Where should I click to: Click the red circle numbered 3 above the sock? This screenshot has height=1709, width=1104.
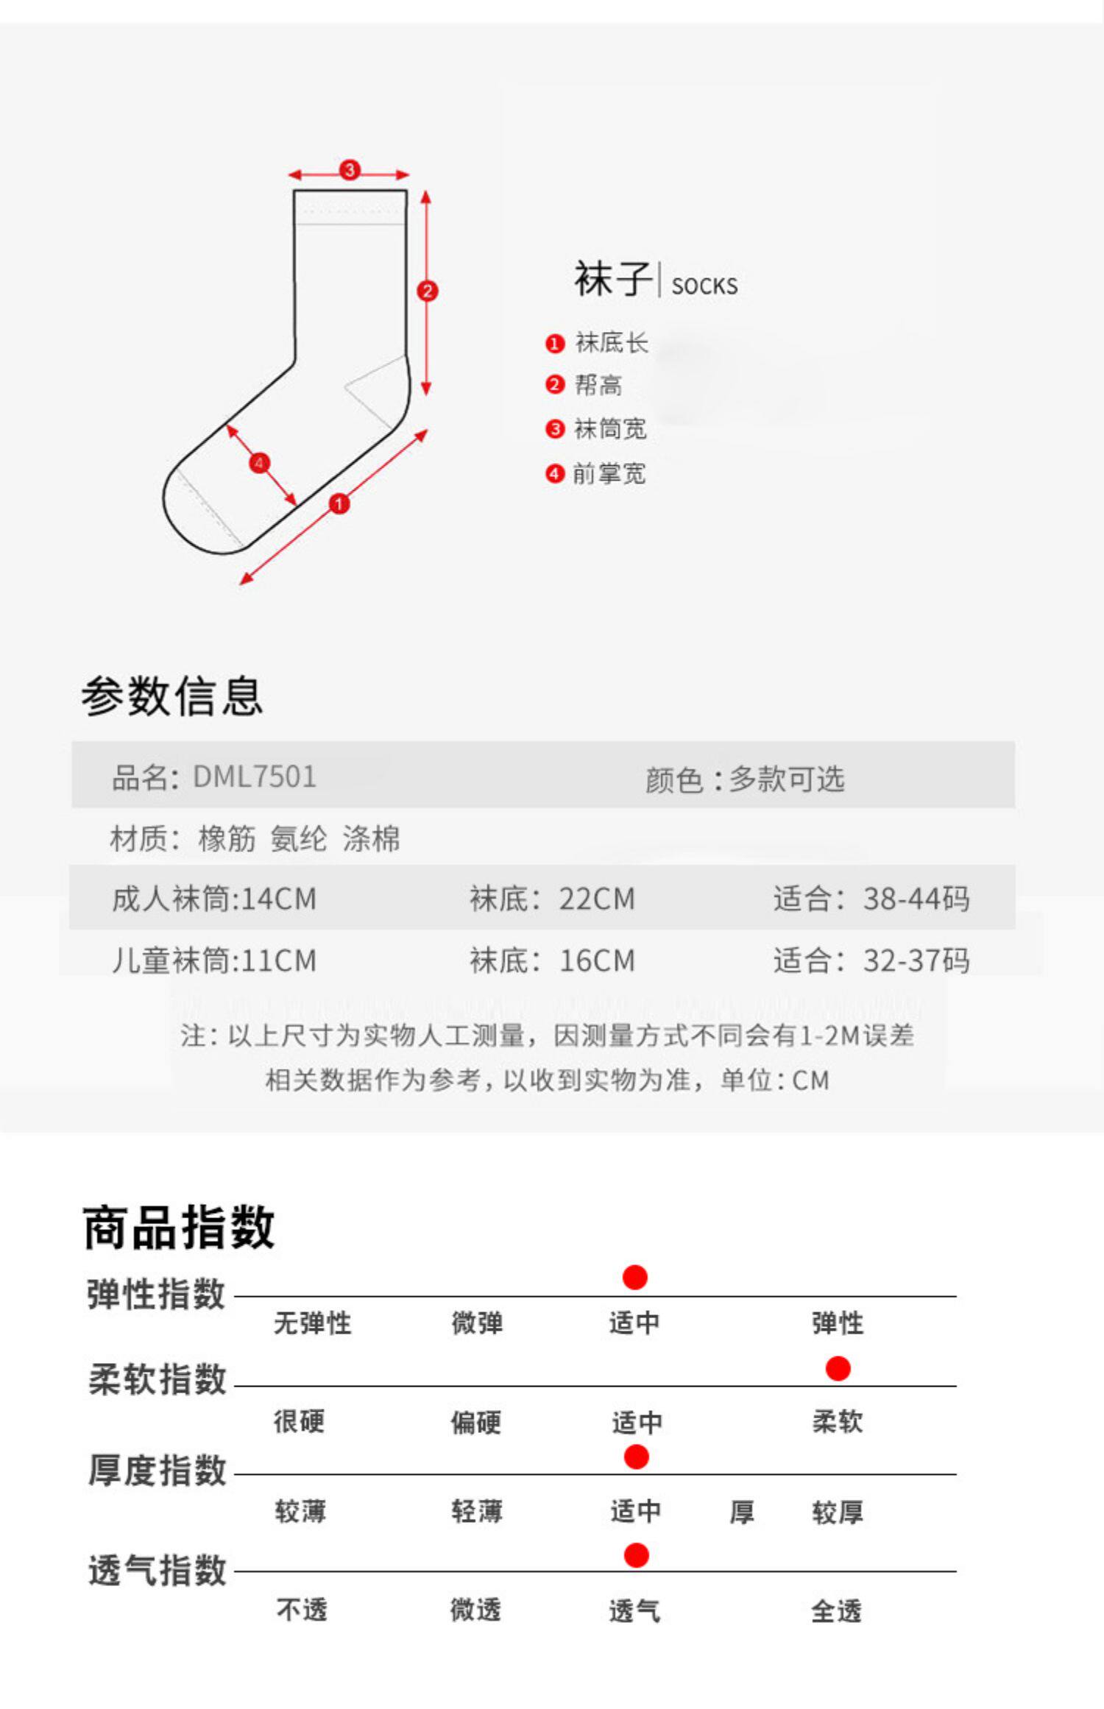click(x=349, y=170)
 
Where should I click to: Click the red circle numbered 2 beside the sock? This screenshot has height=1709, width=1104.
click(x=427, y=291)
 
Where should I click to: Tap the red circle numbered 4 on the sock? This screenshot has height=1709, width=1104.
click(x=259, y=463)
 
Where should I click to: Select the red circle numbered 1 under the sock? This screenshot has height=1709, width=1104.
click(x=339, y=504)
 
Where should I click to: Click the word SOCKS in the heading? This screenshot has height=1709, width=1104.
click(x=704, y=286)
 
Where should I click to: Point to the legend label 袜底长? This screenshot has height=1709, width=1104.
click(x=611, y=343)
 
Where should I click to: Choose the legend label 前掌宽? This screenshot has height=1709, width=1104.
click(x=609, y=474)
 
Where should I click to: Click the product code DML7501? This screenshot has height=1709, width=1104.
click(x=254, y=777)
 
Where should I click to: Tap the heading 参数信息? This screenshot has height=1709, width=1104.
click(x=172, y=696)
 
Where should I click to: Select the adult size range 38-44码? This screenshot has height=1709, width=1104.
click(x=916, y=899)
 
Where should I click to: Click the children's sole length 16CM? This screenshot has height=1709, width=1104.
click(x=597, y=960)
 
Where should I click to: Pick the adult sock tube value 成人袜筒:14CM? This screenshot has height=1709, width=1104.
click(x=214, y=899)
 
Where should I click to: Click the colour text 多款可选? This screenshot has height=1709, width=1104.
click(x=786, y=779)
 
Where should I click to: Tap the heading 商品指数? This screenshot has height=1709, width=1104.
click(x=179, y=1227)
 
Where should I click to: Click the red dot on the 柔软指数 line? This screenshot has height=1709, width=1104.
click(x=838, y=1369)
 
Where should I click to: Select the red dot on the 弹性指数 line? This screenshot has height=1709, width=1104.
click(x=634, y=1278)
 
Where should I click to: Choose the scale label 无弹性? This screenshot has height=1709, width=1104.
click(x=312, y=1323)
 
